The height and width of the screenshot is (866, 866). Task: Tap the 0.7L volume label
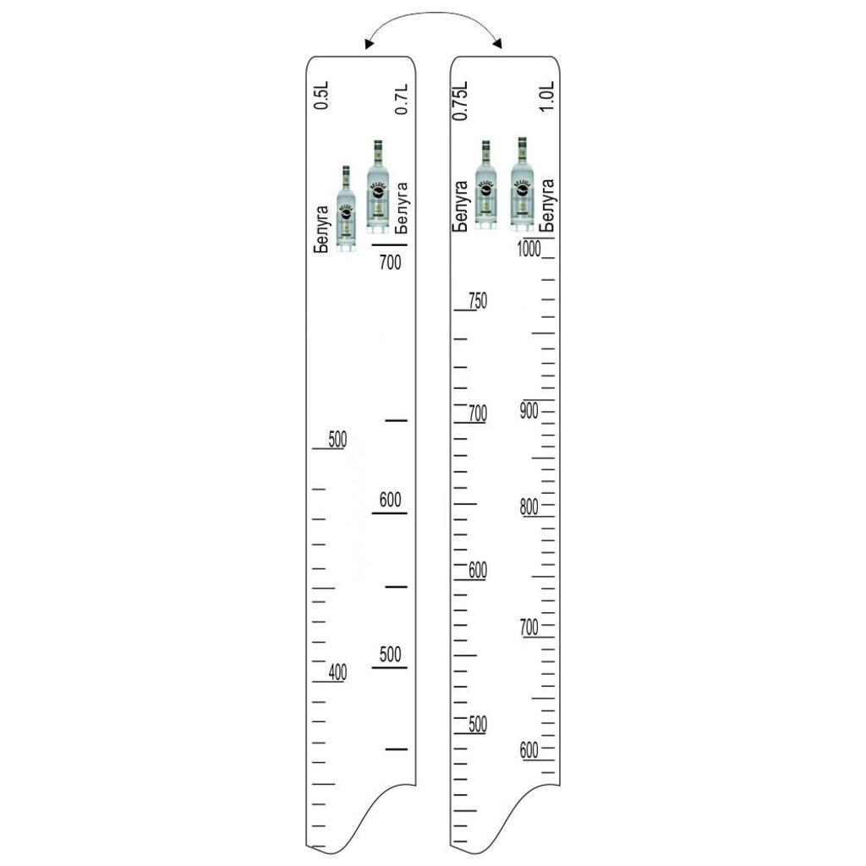[x=402, y=100]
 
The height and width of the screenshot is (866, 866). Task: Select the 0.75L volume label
[x=460, y=101]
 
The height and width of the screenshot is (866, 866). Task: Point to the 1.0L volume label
[x=546, y=96]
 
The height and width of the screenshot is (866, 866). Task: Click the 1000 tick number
[x=529, y=249]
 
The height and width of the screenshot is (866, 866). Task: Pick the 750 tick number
[x=478, y=301]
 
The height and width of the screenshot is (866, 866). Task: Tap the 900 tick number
[x=529, y=411]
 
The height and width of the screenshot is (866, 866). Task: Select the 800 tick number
[x=529, y=507]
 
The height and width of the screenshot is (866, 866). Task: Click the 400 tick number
[x=337, y=672]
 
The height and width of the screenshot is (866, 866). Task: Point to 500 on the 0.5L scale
[x=337, y=440]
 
